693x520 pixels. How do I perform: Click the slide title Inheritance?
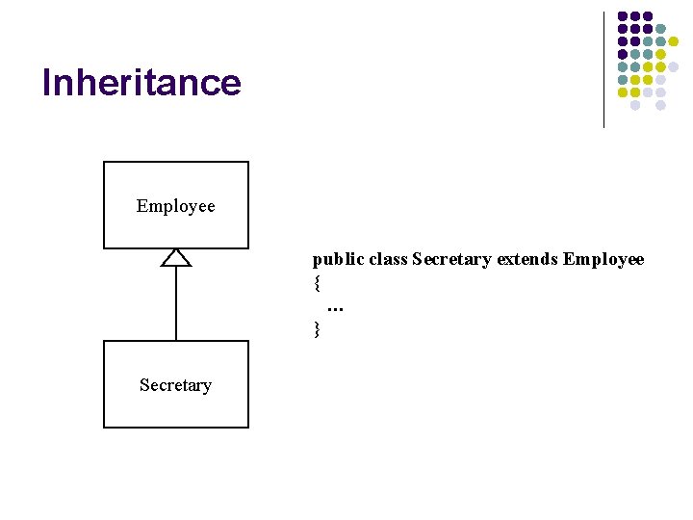click(141, 83)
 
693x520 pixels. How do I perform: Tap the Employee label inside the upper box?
click(176, 206)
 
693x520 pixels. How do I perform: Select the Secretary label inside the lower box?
click(175, 385)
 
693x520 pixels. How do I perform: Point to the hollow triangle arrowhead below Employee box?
click(176, 257)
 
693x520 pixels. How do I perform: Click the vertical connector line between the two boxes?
click(176, 303)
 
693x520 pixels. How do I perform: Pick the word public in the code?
click(332, 260)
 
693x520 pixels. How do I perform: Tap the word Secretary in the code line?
click(451, 260)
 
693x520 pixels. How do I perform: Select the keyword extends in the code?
click(527, 260)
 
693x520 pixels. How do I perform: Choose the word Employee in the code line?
click(603, 260)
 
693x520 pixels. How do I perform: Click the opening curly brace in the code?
click(317, 284)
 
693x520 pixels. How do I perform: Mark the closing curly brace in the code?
click(317, 329)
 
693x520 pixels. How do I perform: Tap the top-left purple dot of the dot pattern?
click(623, 16)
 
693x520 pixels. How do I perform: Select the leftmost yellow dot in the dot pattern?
click(623, 92)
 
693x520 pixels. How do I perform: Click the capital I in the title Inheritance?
click(46, 83)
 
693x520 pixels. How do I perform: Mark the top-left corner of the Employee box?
click(104, 162)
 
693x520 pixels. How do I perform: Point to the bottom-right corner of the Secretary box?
click(248, 428)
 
